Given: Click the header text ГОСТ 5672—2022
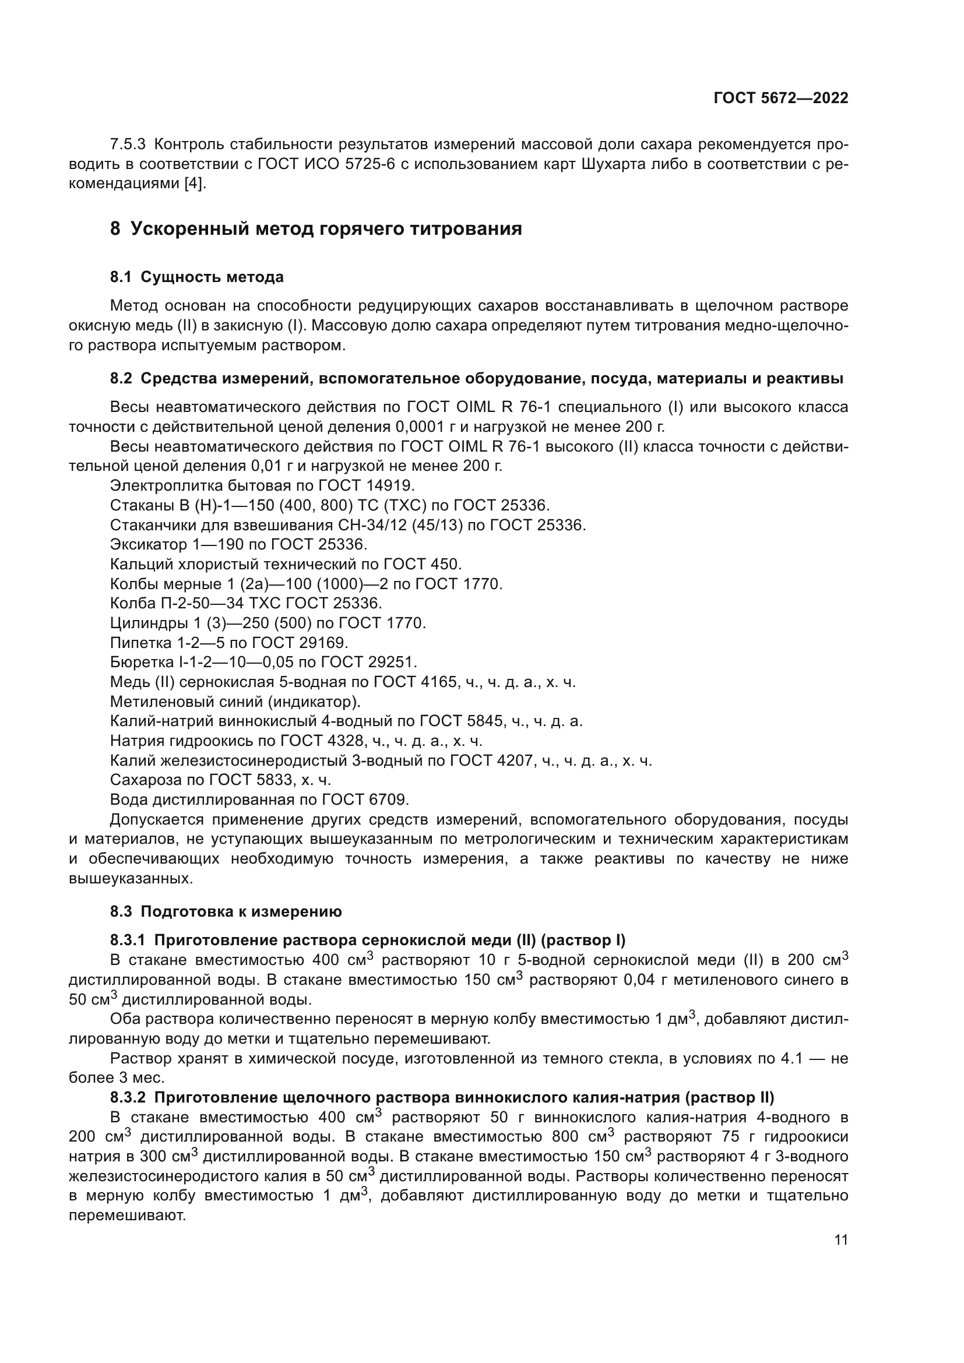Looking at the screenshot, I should click(780, 98).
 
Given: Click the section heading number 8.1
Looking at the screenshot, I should click(121, 277).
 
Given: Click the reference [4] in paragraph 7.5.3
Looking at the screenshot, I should click(193, 184).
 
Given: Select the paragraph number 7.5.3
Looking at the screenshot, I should click(128, 145).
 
